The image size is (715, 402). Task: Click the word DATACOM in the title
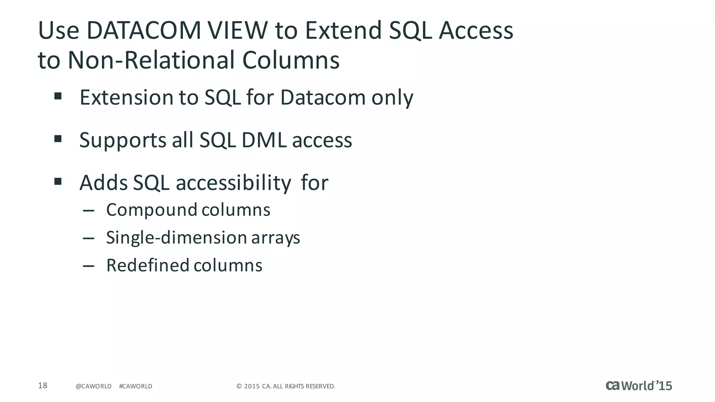[143, 30]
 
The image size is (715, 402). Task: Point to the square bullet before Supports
[58, 139]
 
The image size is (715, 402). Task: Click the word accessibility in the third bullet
[233, 183]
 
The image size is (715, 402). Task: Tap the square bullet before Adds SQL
[58, 181]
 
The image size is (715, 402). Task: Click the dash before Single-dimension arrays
[89, 238]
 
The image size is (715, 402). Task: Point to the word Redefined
[148, 265]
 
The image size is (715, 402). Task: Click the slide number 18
[43, 386]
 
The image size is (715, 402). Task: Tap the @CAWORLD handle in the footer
[93, 386]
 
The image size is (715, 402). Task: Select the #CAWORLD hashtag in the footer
[135, 386]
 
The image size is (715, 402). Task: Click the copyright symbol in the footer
[239, 386]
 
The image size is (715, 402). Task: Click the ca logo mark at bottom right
[613, 386]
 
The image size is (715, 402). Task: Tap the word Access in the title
[476, 30]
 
